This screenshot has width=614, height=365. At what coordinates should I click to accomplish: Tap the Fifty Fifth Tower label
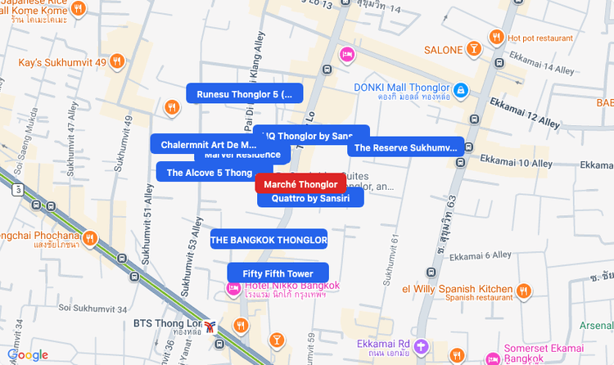click(278, 273)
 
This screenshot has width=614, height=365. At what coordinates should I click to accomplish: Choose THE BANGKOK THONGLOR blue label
click(269, 240)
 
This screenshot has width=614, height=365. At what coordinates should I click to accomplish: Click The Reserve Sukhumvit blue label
click(405, 148)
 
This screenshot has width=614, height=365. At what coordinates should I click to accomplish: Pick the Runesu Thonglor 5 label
click(244, 94)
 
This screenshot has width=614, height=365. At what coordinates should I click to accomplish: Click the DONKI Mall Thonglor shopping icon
click(461, 88)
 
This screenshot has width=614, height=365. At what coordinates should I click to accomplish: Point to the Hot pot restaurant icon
click(496, 37)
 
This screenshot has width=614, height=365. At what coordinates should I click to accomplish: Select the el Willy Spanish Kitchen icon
click(524, 290)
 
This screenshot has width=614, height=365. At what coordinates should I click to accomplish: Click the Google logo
click(28, 354)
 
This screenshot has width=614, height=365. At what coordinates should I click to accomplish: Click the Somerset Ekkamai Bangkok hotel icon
click(493, 358)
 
